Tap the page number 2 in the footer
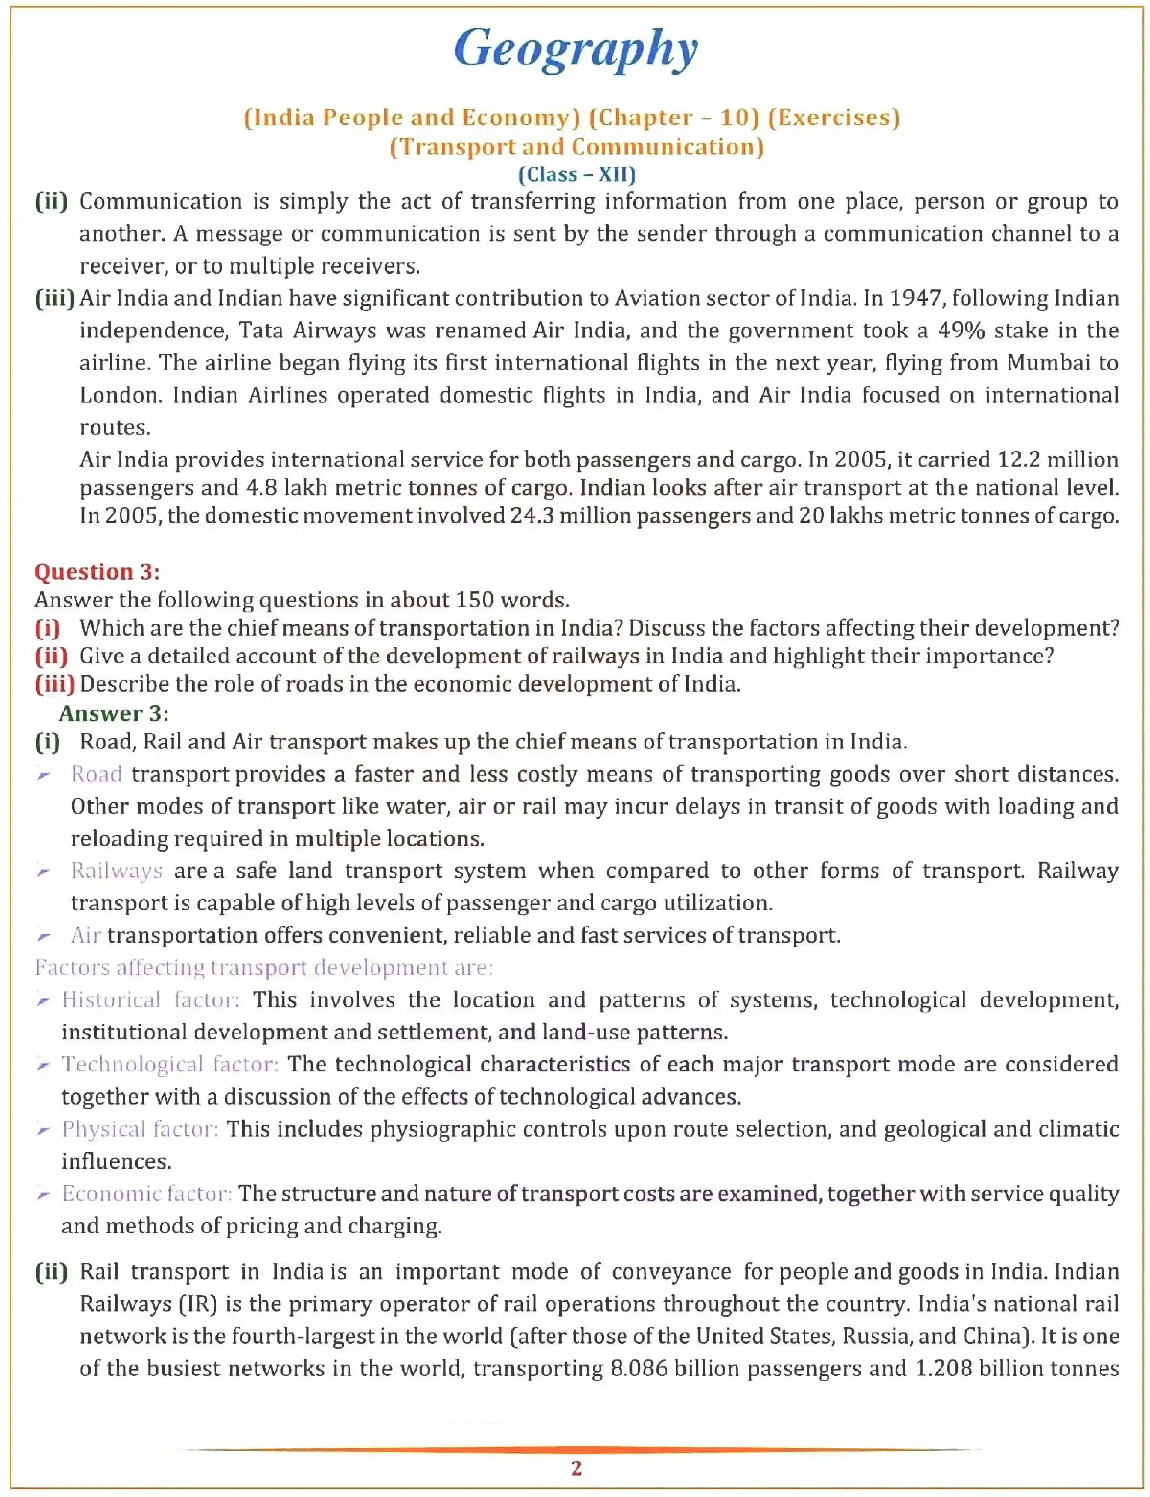click(x=576, y=1468)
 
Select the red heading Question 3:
click(x=97, y=572)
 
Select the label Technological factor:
click(x=170, y=1064)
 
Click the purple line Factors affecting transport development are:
click(x=263, y=968)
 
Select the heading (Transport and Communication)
click(x=576, y=146)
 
